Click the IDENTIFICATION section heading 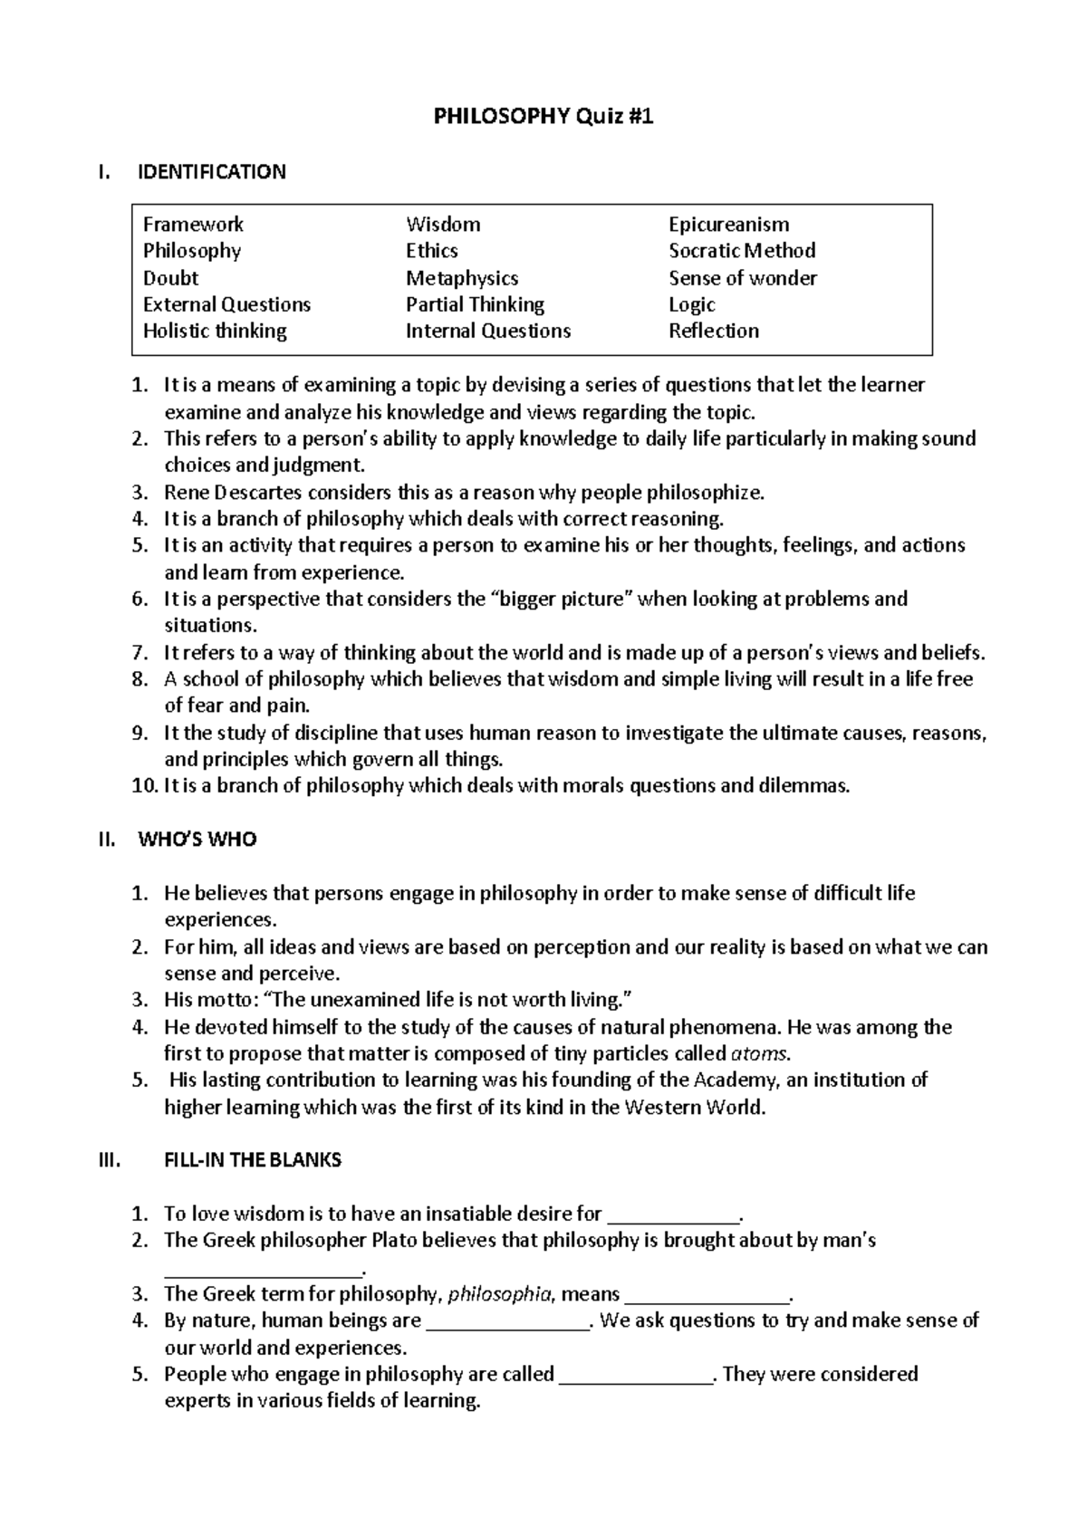tap(211, 172)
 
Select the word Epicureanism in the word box tap(728, 225)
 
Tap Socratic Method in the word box tap(742, 251)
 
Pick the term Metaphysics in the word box tap(462, 278)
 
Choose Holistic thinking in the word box tap(215, 331)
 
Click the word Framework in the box tap(193, 225)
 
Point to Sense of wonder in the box tap(743, 278)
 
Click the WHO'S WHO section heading tap(197, 840)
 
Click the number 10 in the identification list tap(144, 786)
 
